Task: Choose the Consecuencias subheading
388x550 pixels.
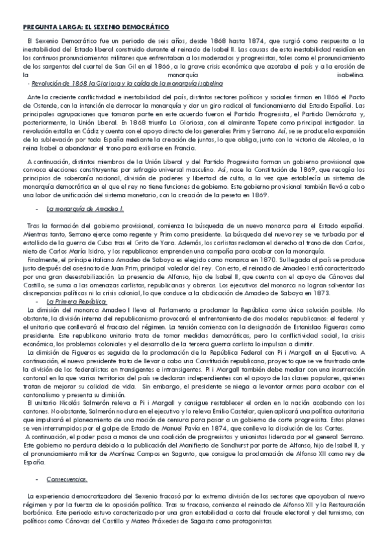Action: click(x=67, y=479)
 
